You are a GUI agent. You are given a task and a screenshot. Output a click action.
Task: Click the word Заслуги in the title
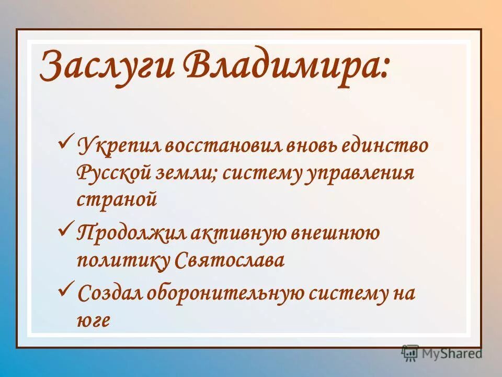point(107,67)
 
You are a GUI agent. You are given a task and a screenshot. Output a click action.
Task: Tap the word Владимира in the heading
point(286,67)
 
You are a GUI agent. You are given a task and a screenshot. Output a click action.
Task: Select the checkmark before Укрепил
point(66,140)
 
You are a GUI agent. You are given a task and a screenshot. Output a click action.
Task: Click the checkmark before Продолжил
point(66,228)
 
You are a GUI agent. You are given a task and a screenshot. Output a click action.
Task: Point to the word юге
point(94,321)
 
